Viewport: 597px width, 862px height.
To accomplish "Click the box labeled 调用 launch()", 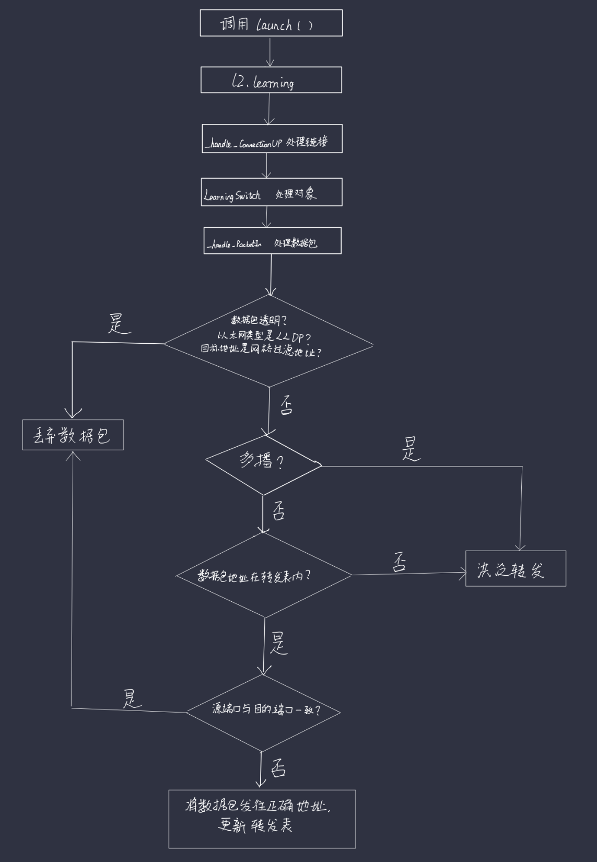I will (271, 23).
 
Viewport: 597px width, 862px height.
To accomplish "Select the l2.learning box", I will (271, 80).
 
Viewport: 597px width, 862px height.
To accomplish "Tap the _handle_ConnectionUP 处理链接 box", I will (272, 138).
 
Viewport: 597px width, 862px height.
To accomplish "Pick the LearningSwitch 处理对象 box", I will (271, 192).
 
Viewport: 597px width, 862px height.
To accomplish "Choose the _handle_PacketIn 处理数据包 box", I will (272, 240).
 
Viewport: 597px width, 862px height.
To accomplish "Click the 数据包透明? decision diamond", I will (269, 341).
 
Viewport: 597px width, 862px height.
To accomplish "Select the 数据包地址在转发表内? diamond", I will (264, 575).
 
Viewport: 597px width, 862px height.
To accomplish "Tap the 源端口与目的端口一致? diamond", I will (264, 712).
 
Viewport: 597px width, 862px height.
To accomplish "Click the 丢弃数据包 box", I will (73, 435).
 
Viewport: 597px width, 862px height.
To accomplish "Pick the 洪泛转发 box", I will (516, 568).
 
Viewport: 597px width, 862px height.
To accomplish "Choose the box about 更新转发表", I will (262, 819).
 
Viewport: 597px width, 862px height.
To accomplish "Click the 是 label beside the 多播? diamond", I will (411, 449).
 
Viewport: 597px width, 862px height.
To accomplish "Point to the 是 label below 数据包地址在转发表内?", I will (279, 643).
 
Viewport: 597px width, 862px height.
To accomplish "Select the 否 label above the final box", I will (278, 768).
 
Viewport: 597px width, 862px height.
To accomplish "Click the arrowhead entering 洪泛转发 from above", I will (520, 546).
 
